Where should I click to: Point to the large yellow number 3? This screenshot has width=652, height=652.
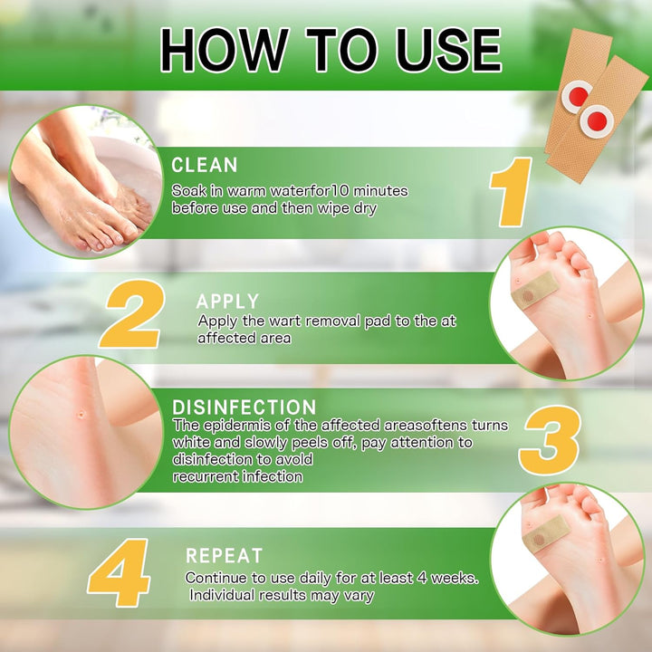[549, 439]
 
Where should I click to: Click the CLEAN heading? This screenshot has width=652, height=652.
[205, 165]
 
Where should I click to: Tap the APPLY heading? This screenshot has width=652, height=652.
[227, 302]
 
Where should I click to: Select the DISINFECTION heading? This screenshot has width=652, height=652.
[244, 407]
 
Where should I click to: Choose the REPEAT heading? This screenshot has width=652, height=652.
[224, 555]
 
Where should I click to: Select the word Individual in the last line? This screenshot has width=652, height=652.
[224, 595]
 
